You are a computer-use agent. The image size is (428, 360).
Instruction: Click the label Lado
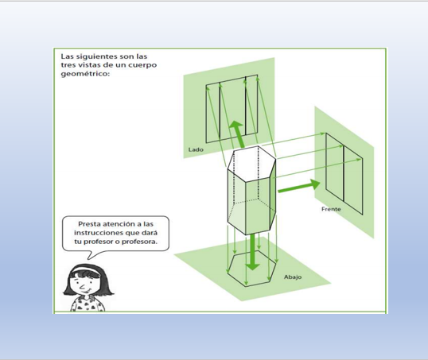point(196,149)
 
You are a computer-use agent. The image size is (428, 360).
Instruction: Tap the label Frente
point(331,209)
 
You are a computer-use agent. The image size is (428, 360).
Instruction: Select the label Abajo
point(293,277)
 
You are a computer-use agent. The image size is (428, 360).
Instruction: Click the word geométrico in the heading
point(85,74)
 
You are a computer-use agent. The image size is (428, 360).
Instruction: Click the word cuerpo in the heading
point(143,65)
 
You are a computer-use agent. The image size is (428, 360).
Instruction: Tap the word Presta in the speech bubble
point(88,224)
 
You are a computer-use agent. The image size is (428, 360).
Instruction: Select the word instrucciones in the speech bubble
point(99,233)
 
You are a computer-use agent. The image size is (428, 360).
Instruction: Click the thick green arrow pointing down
point(253,252)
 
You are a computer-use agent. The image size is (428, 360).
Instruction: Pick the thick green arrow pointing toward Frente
point(299,186)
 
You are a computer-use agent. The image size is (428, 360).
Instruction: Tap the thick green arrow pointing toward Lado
point(238,134)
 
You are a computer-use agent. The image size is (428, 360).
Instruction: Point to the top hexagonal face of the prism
point(251,163)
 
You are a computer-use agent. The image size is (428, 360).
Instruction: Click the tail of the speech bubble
point(93,255)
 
